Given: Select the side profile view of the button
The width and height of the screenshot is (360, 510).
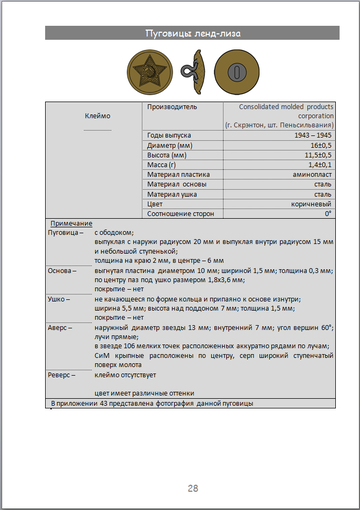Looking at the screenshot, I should tap(187, 73).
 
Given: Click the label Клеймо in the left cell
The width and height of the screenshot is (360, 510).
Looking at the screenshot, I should tap(96, 116).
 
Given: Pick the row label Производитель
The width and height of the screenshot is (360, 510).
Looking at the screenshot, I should tap(172, 106).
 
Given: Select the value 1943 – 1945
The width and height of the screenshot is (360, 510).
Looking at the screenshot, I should tap(312, 134).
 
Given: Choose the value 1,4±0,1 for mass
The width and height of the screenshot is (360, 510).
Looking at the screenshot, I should tap(317, 167).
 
